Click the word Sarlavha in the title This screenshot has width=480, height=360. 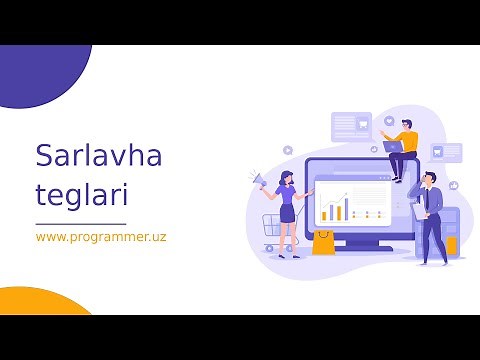click(98, 155)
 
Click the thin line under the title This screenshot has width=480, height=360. click(81, 223)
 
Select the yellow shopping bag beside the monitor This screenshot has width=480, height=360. click(322, 243)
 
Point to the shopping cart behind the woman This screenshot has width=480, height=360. click(270, 228)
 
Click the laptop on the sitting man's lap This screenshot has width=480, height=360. click(393, 147)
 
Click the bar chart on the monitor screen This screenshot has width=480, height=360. click(334, 209)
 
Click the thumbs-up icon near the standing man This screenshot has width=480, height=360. click(453, 185)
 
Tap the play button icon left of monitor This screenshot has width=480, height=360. click(288, 149)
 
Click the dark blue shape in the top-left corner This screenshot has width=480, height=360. click(40, 70)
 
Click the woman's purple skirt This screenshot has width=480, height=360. click(288, 213)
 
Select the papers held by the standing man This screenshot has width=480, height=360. click(418, 211)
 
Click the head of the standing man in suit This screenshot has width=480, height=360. click(428, 179)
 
